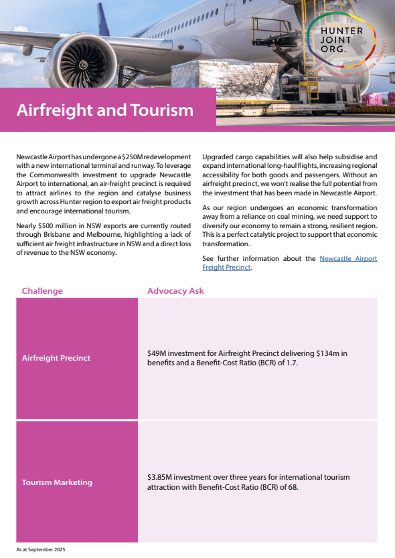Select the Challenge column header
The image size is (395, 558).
42,291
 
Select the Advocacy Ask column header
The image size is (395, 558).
175,291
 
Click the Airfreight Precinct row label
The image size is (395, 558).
56,358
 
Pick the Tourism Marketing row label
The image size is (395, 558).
57,482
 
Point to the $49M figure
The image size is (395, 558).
157,353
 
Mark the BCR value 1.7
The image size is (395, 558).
291,362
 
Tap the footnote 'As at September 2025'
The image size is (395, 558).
41,549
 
